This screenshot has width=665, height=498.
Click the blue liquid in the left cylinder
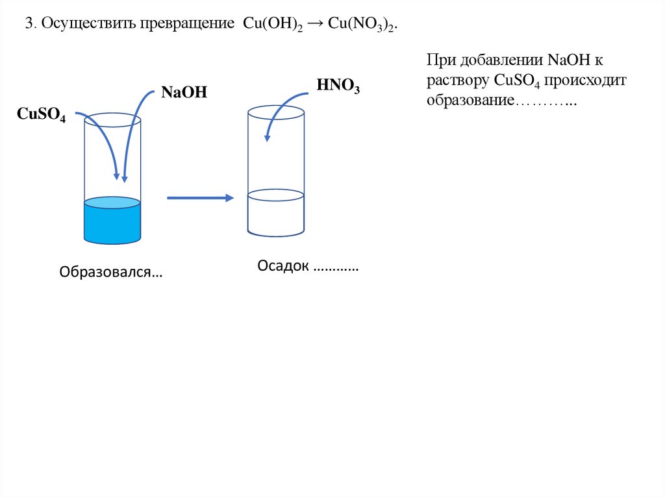click(x=112, y=223)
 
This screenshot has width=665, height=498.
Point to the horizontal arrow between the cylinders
click(x=200, y=198)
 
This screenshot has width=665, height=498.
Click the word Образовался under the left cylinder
click(x=111, y=272)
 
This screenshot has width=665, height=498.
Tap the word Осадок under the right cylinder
click(x=283, y=267)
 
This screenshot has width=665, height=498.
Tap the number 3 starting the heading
click(x=29, y=24)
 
